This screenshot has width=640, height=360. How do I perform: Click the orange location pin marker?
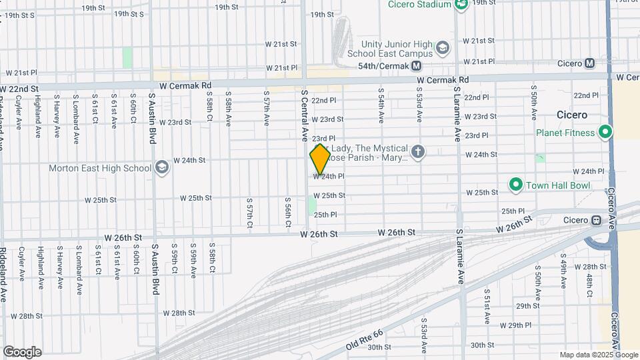point(320,159)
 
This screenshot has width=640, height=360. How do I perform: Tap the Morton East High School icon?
point(161,167)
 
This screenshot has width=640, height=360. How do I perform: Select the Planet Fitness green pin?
point(605,133)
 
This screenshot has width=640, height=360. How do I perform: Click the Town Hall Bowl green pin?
point(515,183)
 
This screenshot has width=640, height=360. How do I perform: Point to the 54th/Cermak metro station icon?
point(417,66)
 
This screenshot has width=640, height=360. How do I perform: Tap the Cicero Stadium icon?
point(461,5)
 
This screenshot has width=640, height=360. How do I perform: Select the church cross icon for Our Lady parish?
point(418,151)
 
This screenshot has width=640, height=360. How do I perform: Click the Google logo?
point(22,352)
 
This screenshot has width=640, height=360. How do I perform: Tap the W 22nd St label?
point(19,89)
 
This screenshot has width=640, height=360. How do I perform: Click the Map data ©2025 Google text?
point(599,355)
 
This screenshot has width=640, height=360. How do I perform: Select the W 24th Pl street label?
point(329,177)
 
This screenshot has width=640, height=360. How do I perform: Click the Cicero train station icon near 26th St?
point(597,221)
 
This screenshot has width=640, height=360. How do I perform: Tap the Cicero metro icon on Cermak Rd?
point(589,64)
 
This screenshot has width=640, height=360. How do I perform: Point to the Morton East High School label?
point(100,168)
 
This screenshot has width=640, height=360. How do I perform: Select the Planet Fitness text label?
point(565,133)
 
